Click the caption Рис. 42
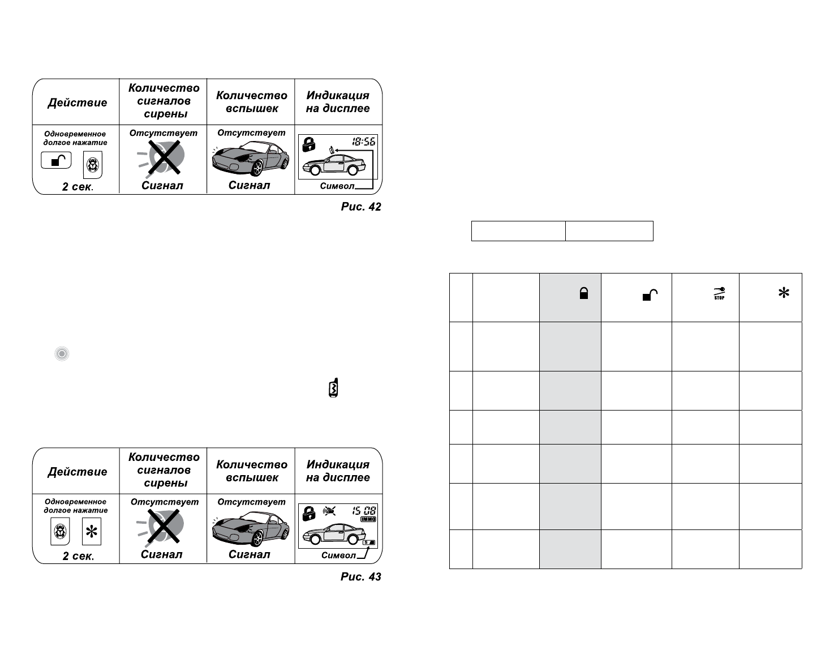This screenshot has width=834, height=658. pyautogui.click(x=361, y=207)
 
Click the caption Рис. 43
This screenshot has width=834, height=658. pyautogui.click(x=361, y=577)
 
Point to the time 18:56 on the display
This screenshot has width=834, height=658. pyautogui.click(x=363, y=142)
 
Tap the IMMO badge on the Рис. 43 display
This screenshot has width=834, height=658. pyautogui.click(x=368, y=519)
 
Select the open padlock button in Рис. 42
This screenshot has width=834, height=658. pyautogui.click(x=57, y=161)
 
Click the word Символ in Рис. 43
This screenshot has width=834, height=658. pyautogui.click(x=338, y=555)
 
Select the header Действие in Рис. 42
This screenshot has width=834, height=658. pyautogui.click(x=78, y=102)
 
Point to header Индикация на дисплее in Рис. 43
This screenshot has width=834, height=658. pyautogui.click(x=338, y=471)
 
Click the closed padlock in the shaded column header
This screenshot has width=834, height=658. pyautogui.click(x=584, y=293)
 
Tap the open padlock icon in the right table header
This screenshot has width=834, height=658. pyautogui.click(x=650, y=294)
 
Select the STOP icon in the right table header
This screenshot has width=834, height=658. pyautogui.click(x=719, y=293)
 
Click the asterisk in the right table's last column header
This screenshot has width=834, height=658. pyautogui.click(x=784, y=293)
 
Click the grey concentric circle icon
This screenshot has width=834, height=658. pyautogui.click(x=62, y=354)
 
